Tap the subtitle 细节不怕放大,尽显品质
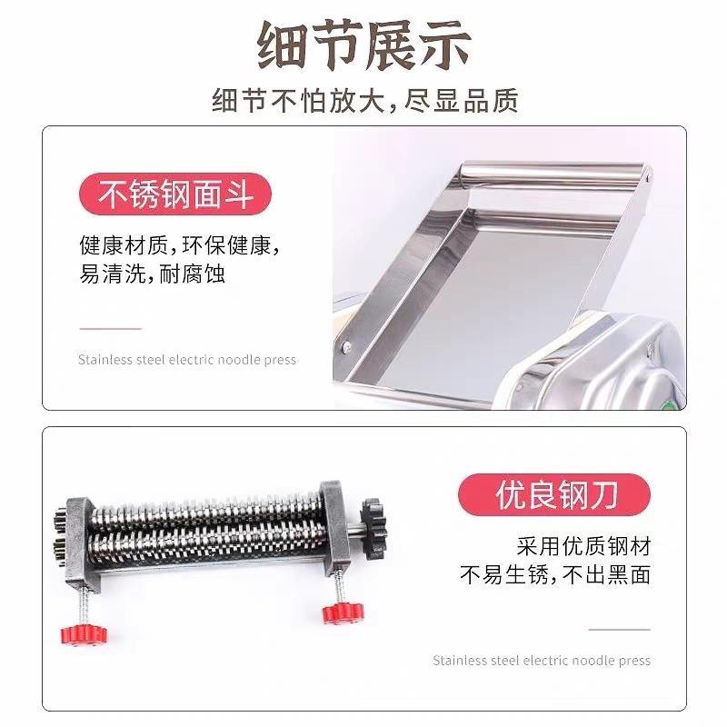pyautogui.click(x=363, y=99)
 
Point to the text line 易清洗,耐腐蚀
pyautogui.click(x=152, y=274)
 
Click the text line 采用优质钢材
pyautogui.click(x=583, y=546)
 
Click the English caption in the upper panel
pyautogui.click(x=186, y=360)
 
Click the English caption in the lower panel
pyautogui.click(x=542, y=661)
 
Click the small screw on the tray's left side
pyautogui.click(x=346, y=344)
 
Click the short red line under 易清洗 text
pyautogui.click(x=110, y=328)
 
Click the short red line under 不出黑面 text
pyautogui.click(x=619, y=629)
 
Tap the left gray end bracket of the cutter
pyautogui.click(x=82, y=537)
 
